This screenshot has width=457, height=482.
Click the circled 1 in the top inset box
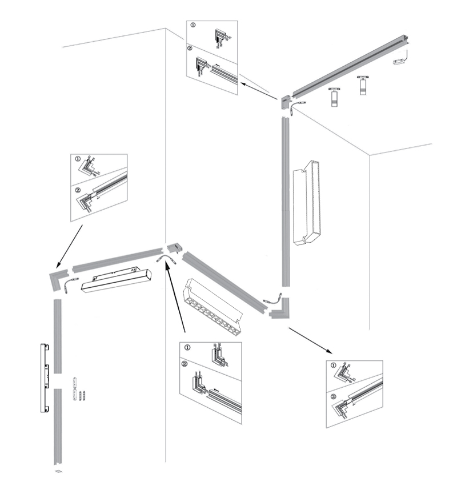(193, 25)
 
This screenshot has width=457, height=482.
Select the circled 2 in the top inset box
(190, 49)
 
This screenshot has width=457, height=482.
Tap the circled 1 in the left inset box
(78, 159)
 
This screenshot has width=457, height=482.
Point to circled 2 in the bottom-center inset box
(184, 364)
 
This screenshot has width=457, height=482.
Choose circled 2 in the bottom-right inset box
(334, 396)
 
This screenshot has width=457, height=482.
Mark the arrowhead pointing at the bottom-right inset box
(329, 351)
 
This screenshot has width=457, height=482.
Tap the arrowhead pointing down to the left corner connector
(58, 264)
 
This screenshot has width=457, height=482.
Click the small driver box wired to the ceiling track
(399, 62)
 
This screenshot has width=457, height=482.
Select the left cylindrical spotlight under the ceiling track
(334, 97)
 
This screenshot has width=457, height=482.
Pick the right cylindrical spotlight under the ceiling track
(362, 86)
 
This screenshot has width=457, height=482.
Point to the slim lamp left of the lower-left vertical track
(45, 378)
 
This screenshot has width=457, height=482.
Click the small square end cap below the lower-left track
(58, 471)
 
